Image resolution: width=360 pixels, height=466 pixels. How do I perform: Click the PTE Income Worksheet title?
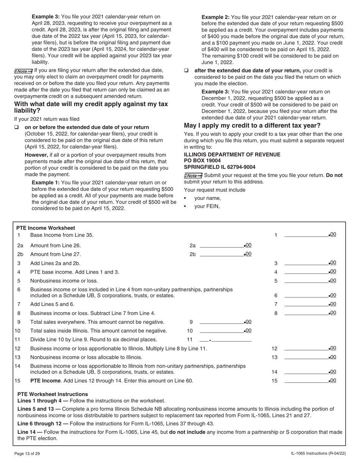(x=45, y=228)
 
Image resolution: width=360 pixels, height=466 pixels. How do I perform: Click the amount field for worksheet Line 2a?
(x=222, y=246)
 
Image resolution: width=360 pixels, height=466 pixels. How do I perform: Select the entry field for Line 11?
(x=225, y=339)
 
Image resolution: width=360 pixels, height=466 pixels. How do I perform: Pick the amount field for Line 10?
(x=222, y=331)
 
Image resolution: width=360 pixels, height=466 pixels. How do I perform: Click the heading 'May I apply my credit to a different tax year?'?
(x=252, y=125)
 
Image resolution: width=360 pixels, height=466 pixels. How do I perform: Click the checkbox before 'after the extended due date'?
(x=186, y=71)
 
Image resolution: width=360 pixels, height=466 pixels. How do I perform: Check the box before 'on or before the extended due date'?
(x=17, y=127)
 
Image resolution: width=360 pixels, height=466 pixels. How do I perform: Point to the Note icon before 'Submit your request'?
(x=193, y=175)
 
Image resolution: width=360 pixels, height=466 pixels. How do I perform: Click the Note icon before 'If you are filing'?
(x=23, y=71)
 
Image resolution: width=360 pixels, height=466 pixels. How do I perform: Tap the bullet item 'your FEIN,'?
(x=207, y=206)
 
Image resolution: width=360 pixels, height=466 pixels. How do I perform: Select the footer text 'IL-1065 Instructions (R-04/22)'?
(x=318, y=453)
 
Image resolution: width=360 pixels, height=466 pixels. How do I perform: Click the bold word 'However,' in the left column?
(x=36, y=155)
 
